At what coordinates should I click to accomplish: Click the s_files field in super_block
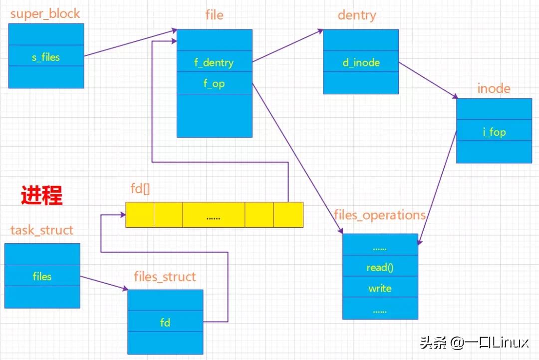click(46, 57)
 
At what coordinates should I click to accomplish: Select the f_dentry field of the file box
click(214, 62)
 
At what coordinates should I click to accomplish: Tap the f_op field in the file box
click(214, 83)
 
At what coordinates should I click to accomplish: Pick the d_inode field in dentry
click(361, 62)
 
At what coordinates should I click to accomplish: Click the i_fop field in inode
click(494, 132)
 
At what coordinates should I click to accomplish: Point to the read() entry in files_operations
click(380, 267)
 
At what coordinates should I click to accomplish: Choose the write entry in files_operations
click(380, 288)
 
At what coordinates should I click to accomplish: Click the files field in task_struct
click(42, 276)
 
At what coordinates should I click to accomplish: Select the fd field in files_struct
click(165, 323)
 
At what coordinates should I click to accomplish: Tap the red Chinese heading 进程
click(42, 195)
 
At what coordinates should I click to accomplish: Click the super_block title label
click(45, 13)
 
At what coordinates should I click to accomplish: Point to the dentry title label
click(357, 15)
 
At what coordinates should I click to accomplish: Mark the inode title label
click(494, 88)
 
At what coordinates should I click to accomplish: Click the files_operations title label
click(380, 215)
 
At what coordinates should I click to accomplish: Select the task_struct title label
click(42, 230)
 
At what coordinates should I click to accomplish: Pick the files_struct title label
click(165, 277)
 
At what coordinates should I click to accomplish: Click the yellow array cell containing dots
click(214, 215)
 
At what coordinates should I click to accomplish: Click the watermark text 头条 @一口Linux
click(474, 343)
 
